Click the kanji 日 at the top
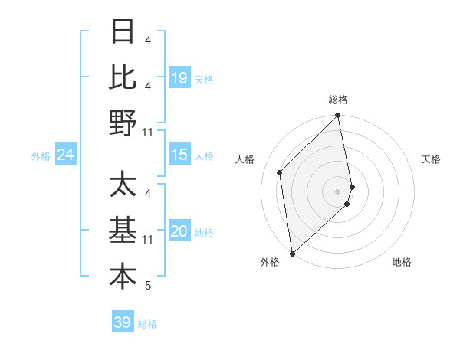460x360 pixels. [123, 31]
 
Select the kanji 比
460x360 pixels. [123, 77]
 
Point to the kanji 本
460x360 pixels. [123, 277]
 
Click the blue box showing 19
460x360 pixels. [179, 78]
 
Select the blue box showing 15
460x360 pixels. [179, 155]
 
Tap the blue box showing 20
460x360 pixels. [179, 232]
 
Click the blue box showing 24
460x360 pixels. [65, 155]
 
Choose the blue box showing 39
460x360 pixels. [122, 323]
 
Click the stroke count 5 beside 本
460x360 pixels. [148, 286]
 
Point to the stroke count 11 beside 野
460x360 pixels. [149, 132]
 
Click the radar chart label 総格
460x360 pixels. [338, 100]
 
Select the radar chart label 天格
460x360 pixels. [432, 159]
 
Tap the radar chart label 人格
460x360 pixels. [245, 159]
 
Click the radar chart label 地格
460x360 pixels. [402, 263]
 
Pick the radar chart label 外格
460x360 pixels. [269, 263]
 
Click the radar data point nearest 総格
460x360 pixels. [338, 116]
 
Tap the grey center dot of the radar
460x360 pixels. [338, 191]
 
